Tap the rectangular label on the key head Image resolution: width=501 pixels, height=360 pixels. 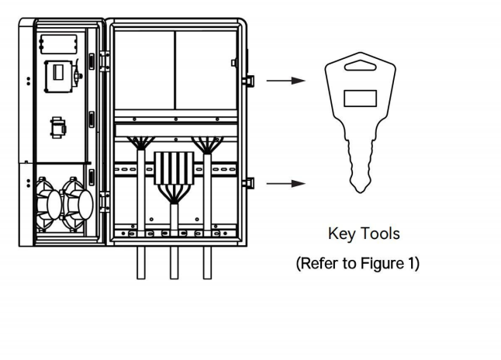pyautogui.click(x=360, y=99)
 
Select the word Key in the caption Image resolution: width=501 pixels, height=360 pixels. pyautogui.click(x=342, y=234)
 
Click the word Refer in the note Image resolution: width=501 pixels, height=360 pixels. pyautogui.click(x=320, y=263)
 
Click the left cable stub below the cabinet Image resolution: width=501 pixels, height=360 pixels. pyautogui.click(x=141, y=263)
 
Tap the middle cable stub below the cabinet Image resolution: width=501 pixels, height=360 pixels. pyautogui.click(x=174, y=263)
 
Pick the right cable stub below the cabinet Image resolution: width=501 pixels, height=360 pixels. pyautogui.click(x=206, y=263)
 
